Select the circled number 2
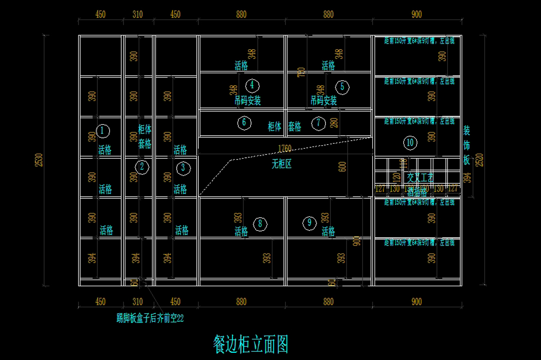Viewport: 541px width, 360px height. tap(142, 167)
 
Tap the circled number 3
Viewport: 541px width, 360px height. tap(183, 168)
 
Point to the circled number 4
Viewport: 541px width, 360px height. tap(252, 85)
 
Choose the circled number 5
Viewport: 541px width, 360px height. tap(342, 87)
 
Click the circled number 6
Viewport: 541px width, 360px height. tap(244, 122)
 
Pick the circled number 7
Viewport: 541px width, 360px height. tap(318, 123)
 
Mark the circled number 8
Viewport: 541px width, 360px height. tap(260, 223)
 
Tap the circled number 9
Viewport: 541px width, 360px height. tap(309, 223)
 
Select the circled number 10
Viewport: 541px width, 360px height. tap(410, 143)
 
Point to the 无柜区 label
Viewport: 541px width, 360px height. tap(282, 164)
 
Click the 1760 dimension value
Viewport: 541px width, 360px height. tap(284, 148)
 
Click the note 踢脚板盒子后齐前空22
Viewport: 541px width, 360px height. tap(150, 319)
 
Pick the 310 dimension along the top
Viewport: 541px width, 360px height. tap(138, 14)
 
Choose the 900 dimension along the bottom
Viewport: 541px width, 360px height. tap(417, 301)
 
